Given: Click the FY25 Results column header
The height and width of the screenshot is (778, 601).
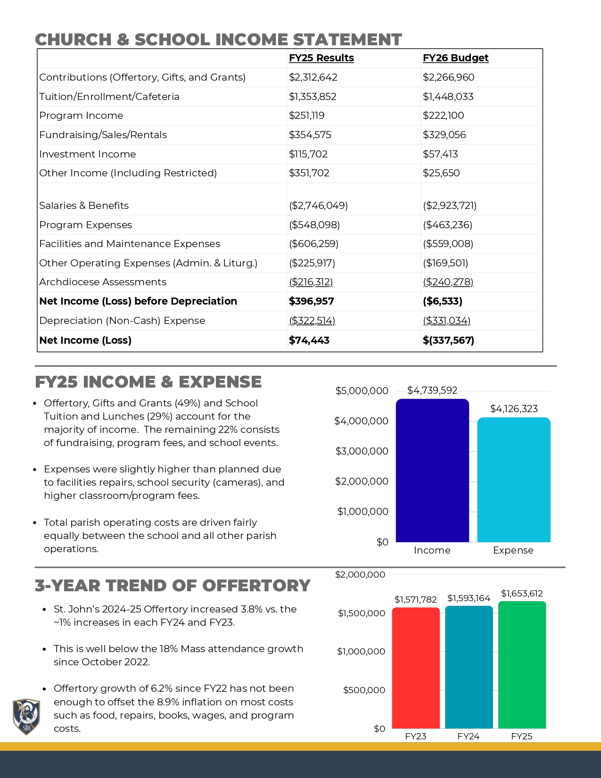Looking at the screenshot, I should click(321, 58).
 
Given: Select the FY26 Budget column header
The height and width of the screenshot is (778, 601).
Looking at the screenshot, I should click(455, 58).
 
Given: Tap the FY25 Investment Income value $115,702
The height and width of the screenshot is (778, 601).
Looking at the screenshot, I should click(308, 154).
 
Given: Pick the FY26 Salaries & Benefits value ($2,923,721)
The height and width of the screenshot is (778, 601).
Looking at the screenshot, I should click(449, 206).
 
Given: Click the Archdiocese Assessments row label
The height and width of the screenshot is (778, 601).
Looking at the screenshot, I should click(103, 282).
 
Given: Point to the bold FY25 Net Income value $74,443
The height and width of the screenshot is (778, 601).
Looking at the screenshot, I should click(309, 340).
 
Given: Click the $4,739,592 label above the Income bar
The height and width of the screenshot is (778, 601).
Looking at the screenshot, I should click(432, 390).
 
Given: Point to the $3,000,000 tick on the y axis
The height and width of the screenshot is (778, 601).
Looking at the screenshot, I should click(362, 451).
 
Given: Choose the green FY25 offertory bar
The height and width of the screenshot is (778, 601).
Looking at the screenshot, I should click(522, 665).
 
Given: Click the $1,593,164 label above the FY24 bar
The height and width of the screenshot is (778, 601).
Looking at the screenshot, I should click(469, 598).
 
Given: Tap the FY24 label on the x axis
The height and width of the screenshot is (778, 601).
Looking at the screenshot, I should click(468, 737).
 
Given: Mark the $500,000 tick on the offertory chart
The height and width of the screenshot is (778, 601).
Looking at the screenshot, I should click(364, 690).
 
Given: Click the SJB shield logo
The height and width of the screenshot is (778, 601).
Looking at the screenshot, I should click(26, 716).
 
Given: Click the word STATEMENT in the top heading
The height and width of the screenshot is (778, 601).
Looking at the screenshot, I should click(347, 40).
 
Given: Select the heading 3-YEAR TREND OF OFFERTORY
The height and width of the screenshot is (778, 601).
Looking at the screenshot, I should click(173, 586).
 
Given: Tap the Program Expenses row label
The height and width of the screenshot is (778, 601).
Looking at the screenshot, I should click(85, 225).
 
